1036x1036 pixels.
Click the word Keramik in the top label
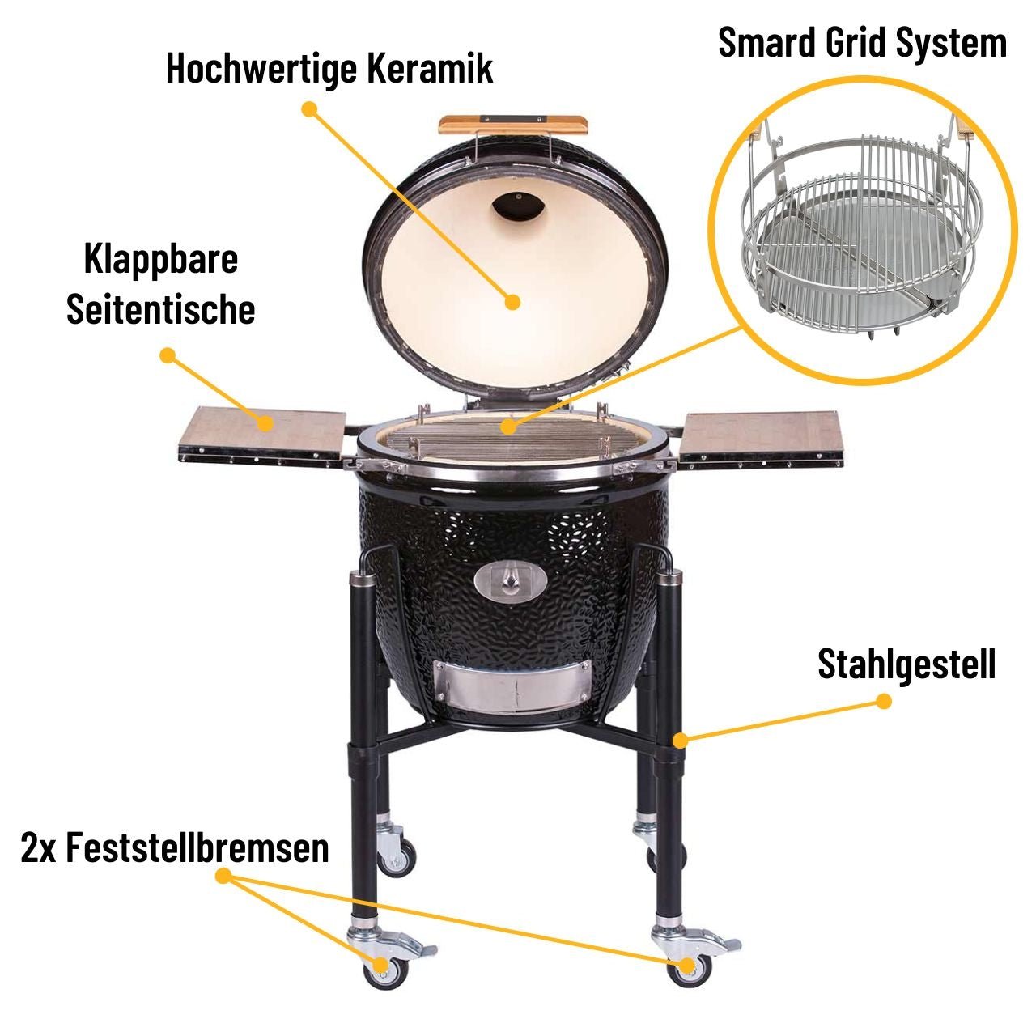430,68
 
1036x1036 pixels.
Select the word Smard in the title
767,42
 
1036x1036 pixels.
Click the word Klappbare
161,260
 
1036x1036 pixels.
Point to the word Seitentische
161,309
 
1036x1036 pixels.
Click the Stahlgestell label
906,664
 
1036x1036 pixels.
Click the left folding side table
263,435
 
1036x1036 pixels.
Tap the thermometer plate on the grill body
510,580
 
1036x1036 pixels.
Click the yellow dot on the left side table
265,422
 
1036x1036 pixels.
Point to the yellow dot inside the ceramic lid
512,302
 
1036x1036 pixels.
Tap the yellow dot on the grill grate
507,425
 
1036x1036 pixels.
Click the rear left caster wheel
398,855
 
